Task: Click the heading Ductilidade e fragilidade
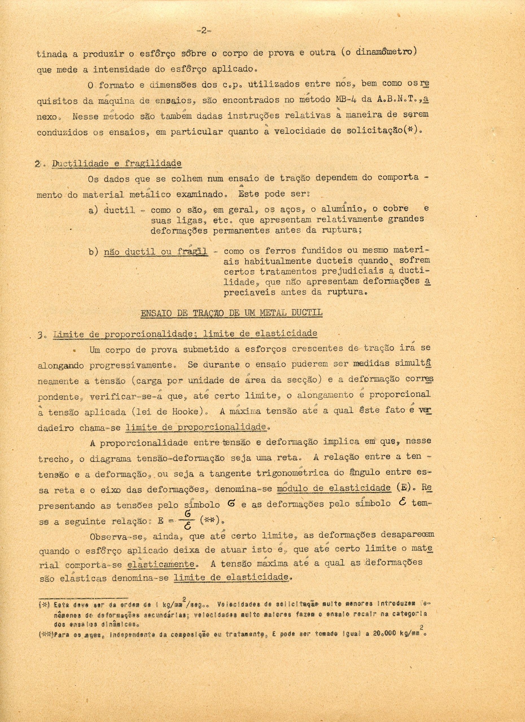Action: (x=117, y=164)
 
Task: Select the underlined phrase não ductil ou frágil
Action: (x=156, y=252)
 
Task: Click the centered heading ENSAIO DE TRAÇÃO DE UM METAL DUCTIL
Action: (x=232, y=313)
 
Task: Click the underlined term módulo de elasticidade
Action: (x=334, y=488)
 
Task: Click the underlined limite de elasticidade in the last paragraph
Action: (x=232, y=578)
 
